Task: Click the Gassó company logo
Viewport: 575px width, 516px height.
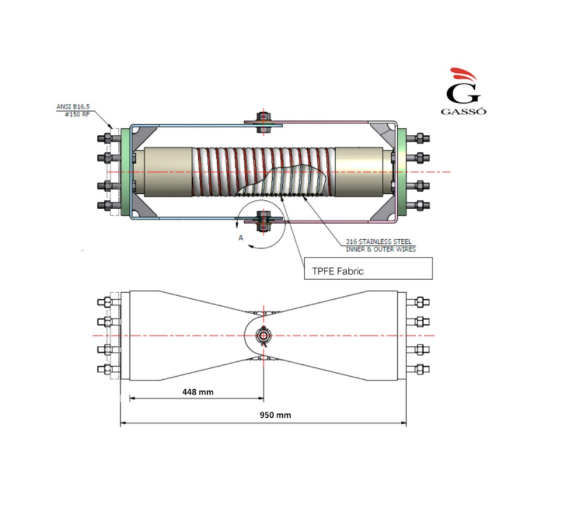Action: pos(464,91)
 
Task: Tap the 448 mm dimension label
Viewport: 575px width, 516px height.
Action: pos(198,392)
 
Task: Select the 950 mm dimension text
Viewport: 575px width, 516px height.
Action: pos(275,415)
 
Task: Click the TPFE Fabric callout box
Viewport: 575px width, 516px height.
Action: pos(368,269)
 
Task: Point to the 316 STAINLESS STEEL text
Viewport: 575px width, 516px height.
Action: pos(379,242)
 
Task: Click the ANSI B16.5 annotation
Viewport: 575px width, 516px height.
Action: pos(73,107)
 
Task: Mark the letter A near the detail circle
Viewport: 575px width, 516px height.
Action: pos(241,238)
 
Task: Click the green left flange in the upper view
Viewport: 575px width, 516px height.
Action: pos(125,172)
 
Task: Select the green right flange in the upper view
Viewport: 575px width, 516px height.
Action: pos(402,172)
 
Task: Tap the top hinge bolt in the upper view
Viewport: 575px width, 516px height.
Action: pos(264,122)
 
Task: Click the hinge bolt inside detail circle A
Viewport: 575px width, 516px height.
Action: pos(263,221)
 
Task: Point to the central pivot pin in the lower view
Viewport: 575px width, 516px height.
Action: pos(264,336)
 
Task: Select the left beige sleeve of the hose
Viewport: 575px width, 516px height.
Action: pos(168,172)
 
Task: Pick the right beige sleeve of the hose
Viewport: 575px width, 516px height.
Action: pos(359,172)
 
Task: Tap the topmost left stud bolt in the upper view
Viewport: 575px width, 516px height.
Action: pos(109,139)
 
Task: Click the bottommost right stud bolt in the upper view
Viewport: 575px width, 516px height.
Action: pos(418,206)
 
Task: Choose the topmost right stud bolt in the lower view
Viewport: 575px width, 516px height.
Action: pos(418,302)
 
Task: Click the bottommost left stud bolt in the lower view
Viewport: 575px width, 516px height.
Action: pos(109,369)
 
